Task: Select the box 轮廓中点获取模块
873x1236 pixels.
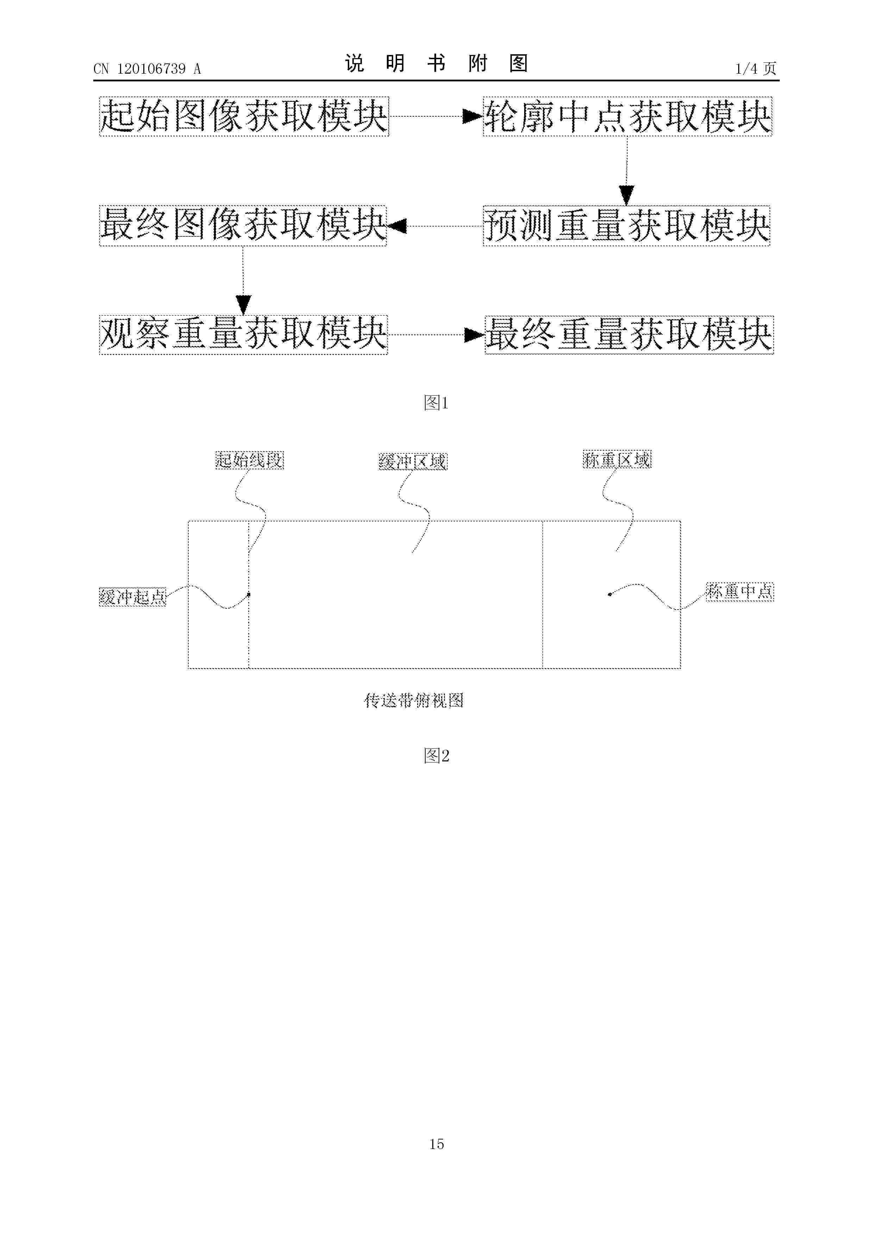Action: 627,116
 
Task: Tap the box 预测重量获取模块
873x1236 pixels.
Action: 627,225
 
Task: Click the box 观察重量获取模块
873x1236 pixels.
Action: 243,334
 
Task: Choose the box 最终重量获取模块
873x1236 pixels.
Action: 629,334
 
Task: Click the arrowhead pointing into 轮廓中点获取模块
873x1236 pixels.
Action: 473,116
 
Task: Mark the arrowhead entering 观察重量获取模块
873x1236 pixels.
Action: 244,305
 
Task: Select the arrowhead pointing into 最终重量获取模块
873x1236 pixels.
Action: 475,335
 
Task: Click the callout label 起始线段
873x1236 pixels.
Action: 250,460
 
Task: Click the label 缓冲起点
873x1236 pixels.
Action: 133,597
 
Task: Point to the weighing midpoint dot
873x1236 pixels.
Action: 609,594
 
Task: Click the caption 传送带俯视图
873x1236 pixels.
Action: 414,700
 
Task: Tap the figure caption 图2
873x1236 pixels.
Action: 436,756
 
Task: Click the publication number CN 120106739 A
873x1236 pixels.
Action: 147,68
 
